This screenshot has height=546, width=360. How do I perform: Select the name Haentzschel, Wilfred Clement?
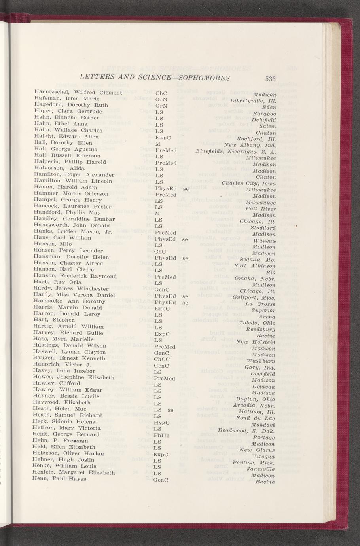(78, 93)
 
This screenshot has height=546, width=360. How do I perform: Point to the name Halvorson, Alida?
(59, 168)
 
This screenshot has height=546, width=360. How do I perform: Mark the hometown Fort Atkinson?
(254, 266)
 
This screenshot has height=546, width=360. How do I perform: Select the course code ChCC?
(162, 359)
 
